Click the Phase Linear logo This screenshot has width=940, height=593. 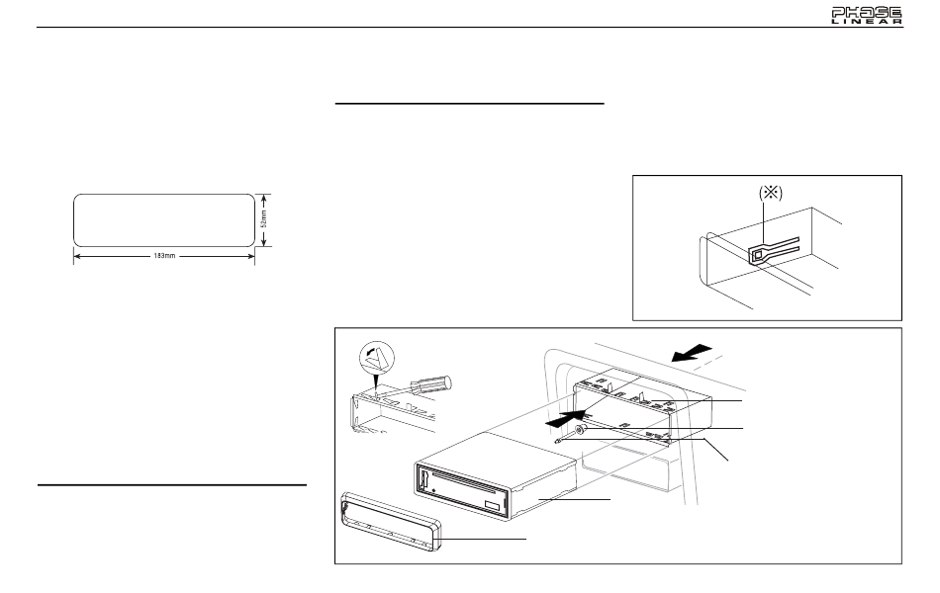click(866, 16)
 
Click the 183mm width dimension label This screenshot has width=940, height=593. click(164, 256)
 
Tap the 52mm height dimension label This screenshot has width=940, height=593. click(264, 218)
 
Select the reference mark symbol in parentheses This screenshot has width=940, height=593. click(771, 193)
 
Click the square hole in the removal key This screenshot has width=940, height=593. click(758, 255)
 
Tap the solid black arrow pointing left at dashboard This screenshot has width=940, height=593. click(692, 354)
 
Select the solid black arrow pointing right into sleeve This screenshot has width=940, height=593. click(565, 417)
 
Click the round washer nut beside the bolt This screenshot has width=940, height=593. click(579, 430)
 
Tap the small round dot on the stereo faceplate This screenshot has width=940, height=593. click(432, 491)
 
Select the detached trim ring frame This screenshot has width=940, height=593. click(391, 521)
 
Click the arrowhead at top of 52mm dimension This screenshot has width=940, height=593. click(264, 197)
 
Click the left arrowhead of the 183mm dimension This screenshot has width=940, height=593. click(77, 256)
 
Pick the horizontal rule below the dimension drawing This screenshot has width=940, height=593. click(172, 484)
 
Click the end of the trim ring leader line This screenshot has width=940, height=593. click(526, 539)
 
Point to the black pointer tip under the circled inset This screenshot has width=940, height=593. click(375, 389)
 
